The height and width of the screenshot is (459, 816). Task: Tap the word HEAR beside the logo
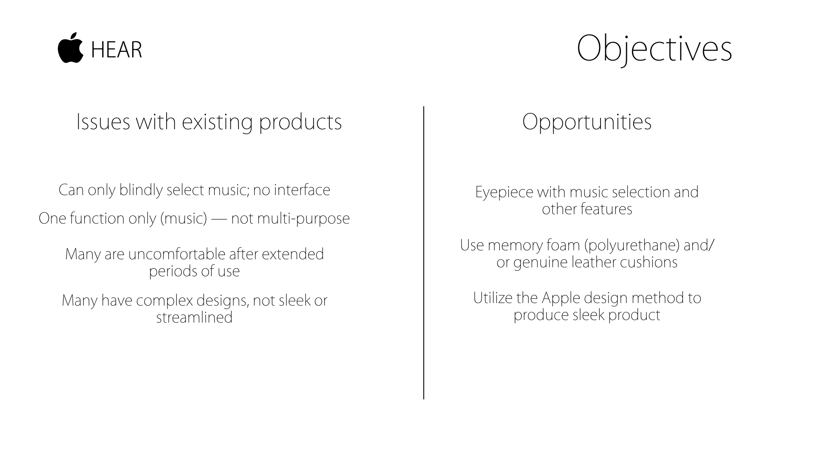click(x=116, y=50)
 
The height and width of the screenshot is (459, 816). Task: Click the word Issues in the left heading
click(x=103, y=122)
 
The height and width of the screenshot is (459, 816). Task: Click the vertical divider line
click(x=424, y=253)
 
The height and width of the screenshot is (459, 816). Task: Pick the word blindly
click(x=141, y=190)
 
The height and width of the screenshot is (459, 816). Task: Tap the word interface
click(x=302, y=190)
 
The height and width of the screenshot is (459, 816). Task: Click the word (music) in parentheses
click(x=184, y=219)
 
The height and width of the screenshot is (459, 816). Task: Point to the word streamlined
click(x=194, y=318)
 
